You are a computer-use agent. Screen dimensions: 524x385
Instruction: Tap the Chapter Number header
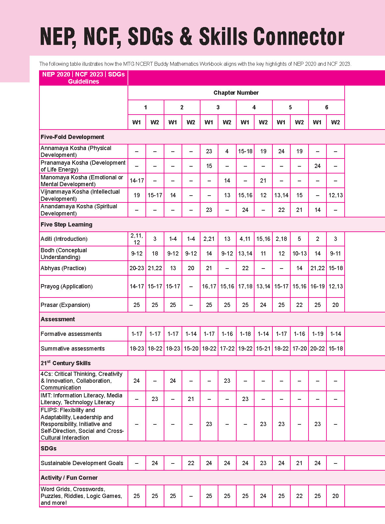(236, 93)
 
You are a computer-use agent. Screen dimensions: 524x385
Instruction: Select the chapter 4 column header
(254, 107)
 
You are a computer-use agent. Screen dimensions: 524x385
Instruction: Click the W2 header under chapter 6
(335, 122)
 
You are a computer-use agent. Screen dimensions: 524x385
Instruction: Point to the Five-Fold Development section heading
(72, 137)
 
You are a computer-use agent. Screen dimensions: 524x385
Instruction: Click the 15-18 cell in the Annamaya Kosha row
(245, 151)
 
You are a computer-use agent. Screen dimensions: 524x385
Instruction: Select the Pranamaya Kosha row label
(83, 166)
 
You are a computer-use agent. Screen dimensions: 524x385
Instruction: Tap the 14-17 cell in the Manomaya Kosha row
(137, 181)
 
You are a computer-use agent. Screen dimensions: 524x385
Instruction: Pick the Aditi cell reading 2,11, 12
(137, 239)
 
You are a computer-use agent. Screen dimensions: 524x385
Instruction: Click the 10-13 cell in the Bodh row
(299, 254)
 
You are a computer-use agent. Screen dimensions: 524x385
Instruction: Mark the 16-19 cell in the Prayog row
(317, 286)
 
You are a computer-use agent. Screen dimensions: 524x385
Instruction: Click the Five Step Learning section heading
(66, 225)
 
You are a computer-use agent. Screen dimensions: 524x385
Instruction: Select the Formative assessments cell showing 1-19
(317, 334)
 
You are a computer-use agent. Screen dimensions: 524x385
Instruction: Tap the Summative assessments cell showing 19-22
(245, 349)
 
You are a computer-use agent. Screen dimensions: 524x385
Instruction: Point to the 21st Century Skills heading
(65, 363)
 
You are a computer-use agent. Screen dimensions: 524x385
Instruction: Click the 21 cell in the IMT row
(191, 399)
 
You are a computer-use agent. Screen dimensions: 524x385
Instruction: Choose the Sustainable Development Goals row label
(82, 463)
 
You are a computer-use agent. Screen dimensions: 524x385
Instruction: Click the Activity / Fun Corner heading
(69, 478)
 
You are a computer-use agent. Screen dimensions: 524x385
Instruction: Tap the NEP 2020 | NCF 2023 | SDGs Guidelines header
(83, 78)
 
